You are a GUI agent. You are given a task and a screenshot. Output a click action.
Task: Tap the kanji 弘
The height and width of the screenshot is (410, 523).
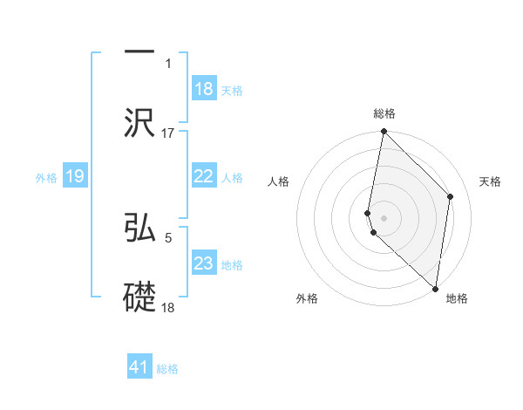(139, 225)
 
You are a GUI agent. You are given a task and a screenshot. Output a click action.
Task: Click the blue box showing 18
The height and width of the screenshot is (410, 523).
(204, 89)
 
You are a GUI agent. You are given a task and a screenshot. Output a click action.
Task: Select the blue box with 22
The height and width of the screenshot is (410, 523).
(204, 176)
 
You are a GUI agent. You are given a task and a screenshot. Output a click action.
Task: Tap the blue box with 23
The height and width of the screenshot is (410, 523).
(204, 263)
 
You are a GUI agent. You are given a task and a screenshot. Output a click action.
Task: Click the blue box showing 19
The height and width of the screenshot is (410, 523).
(75, 176)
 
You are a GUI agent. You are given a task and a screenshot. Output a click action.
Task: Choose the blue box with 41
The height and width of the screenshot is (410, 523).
(139, 367)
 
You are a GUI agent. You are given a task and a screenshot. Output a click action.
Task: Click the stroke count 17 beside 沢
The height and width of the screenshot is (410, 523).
(168, 133)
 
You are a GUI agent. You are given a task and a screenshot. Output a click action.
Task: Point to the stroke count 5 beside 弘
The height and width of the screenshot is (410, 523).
(168, 236)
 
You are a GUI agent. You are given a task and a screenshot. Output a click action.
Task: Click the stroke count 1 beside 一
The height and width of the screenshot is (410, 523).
(168, 63)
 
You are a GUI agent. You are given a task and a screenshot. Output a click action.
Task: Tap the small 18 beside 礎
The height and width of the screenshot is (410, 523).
(168, 307)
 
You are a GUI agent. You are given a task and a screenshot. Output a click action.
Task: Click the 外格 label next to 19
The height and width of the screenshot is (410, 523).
(46, 177)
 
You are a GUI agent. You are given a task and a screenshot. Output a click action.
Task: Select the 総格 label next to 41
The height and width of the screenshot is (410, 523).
(167, 369)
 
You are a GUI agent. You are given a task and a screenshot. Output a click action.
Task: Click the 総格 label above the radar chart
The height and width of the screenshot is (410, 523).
(384, 113)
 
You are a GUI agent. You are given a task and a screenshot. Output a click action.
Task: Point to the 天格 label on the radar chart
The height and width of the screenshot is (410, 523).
(490, 181)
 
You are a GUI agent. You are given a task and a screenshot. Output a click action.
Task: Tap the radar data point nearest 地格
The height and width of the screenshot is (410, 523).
(436, 289)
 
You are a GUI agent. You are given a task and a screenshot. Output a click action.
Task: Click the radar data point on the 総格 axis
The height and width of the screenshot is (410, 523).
(384, 132)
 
